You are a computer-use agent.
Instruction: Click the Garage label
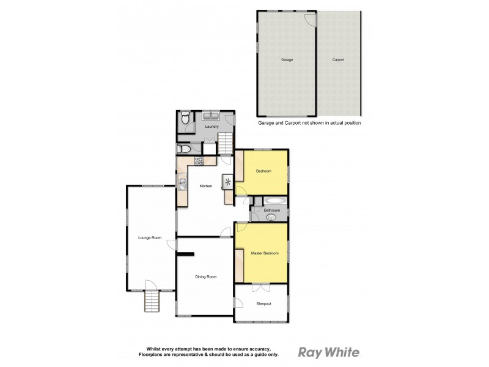tap(287, 60)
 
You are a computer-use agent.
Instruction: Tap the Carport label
tap(338, 60)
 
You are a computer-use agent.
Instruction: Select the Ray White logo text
tap(328, 352)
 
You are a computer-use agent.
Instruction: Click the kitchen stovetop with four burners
tap(199, 161)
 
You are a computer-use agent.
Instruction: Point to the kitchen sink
tap(182, 182)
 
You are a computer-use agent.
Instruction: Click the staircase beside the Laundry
tap(226, 144)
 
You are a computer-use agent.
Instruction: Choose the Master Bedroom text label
tap(265, 253)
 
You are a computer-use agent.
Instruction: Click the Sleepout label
tap(263, 303)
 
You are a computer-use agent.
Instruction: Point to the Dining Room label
tap(205, 277)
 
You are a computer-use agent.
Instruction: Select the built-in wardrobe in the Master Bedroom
tap(239, 262)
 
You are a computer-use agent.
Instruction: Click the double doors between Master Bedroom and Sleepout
tap(260, 287)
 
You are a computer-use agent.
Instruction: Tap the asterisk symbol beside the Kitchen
tap(228, 182)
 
